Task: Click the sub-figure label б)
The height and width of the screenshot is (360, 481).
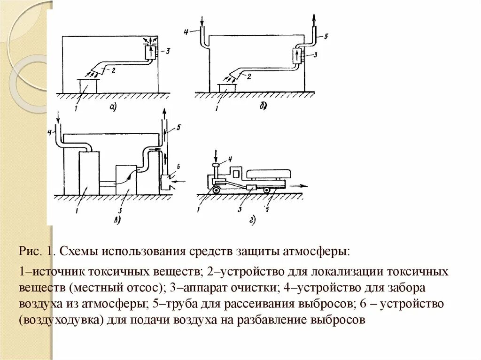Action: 264,107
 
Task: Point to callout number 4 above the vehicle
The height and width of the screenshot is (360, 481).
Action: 230,158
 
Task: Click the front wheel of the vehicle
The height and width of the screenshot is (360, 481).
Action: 216,190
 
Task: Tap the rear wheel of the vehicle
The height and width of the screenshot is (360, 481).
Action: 266,190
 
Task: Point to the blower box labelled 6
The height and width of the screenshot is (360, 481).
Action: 165,182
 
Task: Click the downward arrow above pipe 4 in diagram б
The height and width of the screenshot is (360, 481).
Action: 202,22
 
